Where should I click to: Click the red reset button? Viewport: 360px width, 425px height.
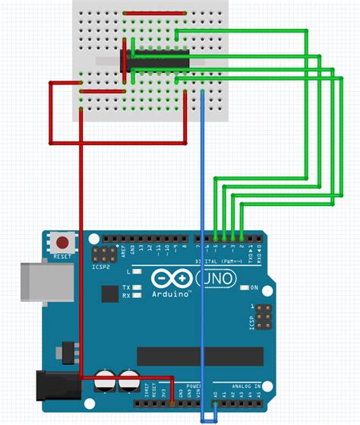[64, 243]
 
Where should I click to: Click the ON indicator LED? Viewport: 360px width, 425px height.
[245, 288]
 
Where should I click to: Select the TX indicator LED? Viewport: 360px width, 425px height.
[136, 287]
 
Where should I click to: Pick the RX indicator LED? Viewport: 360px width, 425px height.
[136, 296]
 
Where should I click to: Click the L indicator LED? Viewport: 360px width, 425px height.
[136, 271]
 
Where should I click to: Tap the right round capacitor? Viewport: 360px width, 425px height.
[129, 382]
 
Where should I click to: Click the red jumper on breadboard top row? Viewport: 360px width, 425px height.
[153, 13]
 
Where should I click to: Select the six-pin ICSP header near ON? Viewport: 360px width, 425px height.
[263, 314]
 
